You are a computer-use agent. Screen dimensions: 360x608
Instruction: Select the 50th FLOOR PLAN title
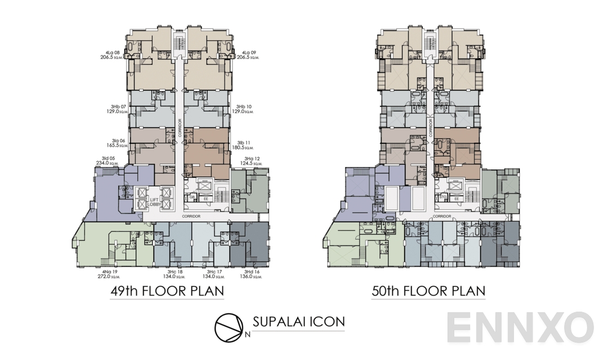click(428, 291)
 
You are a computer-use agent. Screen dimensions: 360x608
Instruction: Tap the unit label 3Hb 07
click(118, 106)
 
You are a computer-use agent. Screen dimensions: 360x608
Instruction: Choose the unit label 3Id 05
click(109, 158)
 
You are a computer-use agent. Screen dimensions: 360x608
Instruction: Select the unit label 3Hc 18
click(175, 272)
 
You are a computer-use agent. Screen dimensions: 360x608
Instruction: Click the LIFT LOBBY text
click(154, 202)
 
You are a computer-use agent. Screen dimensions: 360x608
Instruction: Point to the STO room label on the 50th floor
click(444, 197)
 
